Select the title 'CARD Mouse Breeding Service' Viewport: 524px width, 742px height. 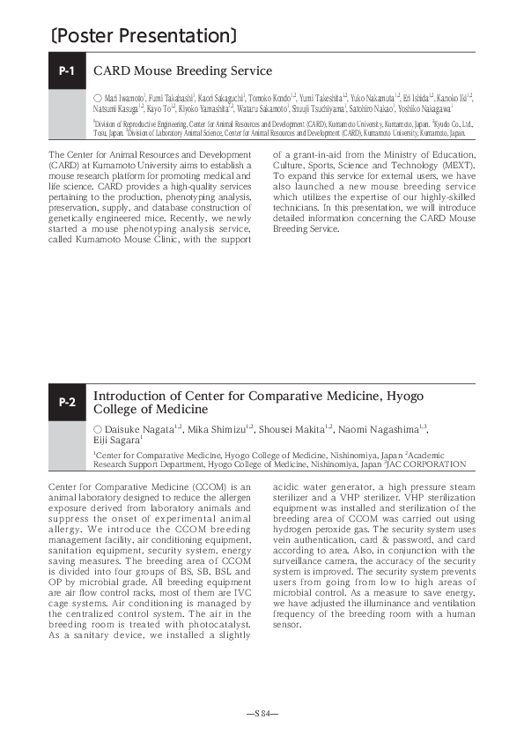tap(182, 71)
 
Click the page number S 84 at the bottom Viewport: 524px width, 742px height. tap(262, 711)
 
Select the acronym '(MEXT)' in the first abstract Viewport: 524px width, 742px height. tap(457, 164)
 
